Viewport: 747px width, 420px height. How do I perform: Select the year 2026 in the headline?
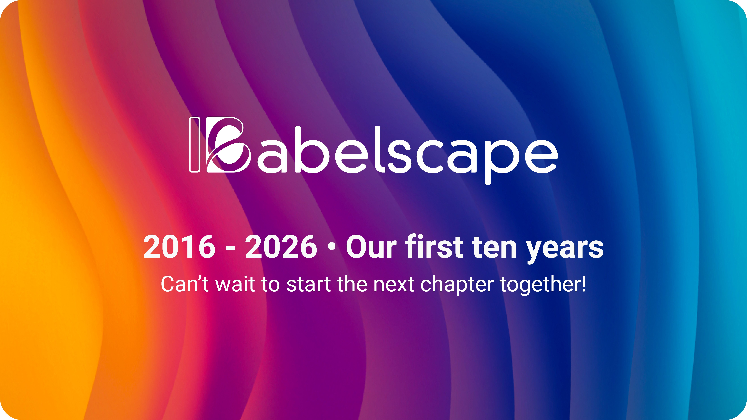point(281,247)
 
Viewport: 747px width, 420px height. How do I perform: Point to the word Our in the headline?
point(371,247)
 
